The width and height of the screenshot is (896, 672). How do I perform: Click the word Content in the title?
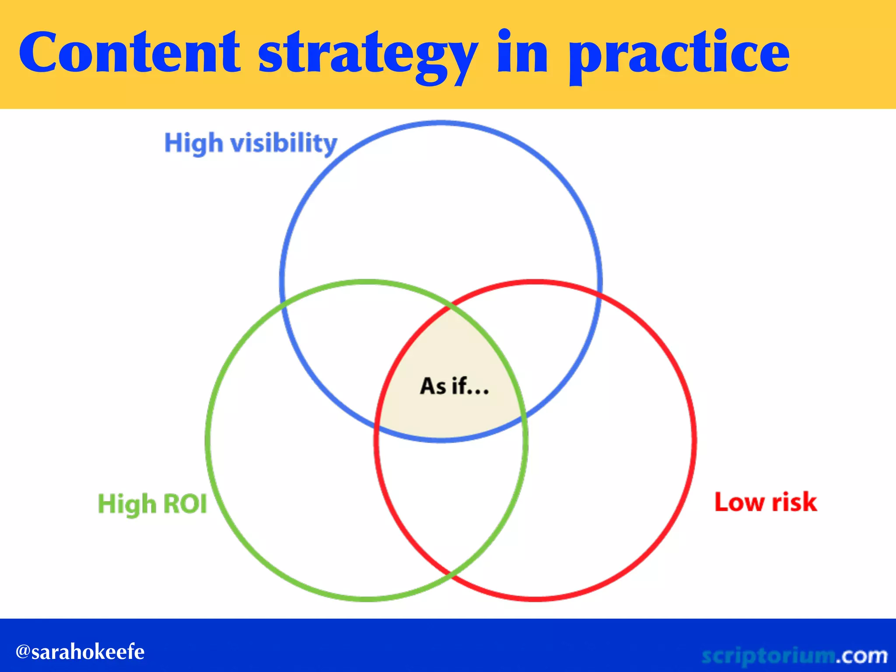[129, 52]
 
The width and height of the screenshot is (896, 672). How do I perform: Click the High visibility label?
[251, 143]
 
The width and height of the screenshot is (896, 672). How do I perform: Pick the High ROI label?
[152, 503]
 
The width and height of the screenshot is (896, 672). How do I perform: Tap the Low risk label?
[766, 502]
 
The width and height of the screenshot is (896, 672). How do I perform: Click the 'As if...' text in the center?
[454, 386]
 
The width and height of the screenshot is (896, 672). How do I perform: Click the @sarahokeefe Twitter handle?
[80, 651]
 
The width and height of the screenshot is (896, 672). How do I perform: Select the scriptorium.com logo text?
[794, 655]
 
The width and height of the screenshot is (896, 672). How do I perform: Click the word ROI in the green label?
[185, 503]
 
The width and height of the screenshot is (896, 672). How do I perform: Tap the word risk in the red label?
[794, 502]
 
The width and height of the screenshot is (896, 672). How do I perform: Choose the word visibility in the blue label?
[284, 143]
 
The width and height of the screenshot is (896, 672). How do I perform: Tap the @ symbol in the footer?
[23, 651]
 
